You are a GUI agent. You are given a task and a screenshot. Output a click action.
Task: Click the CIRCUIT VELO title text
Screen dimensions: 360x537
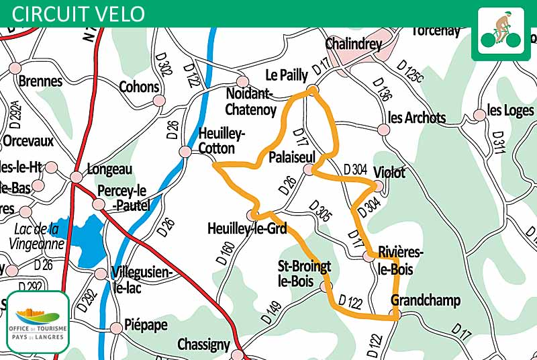(x=79, y=13)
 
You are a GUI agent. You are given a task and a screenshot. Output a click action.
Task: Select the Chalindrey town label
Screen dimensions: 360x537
(x=353, y=44)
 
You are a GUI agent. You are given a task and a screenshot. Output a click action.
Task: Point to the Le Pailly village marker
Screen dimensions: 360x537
(x=312, y=89)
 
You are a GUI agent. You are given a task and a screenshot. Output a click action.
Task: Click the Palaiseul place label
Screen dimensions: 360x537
(x=291, y=156)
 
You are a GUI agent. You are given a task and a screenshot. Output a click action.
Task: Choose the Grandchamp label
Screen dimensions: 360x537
(x=426, y=300)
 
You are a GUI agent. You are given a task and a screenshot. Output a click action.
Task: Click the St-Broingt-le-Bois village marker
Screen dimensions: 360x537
(x=326, y=287)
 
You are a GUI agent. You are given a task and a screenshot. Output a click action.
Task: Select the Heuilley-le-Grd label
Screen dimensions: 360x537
(x=247, y=229)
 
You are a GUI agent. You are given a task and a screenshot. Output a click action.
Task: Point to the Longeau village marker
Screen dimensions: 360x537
(x=77, y=177)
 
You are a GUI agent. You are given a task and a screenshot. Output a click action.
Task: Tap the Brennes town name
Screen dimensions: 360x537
(x=41, y=81)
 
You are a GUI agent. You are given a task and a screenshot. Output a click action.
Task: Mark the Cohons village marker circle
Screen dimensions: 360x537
(x=159, y=101)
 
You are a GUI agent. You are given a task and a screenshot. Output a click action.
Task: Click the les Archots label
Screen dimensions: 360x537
(x=417, y=118)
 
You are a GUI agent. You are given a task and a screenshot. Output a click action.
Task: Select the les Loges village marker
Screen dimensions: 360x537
(x=479, y=115)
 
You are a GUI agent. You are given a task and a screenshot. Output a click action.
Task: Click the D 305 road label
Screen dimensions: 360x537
(x=321, y=212)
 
